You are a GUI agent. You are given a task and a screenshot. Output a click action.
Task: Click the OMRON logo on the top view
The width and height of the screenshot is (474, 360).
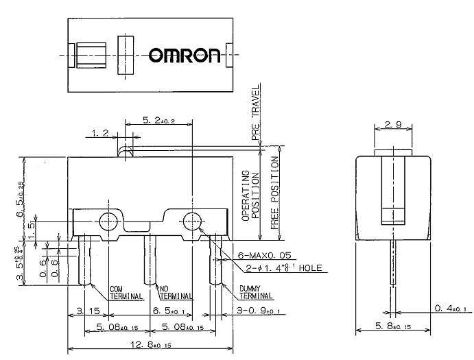click(185, 55)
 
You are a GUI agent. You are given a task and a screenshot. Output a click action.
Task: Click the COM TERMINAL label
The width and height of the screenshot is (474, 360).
click(126, 293)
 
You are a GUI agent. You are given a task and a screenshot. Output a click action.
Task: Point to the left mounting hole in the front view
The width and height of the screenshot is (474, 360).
click(108, 221)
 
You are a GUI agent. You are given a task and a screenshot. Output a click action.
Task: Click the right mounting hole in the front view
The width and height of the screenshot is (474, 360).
click(191, 221)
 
